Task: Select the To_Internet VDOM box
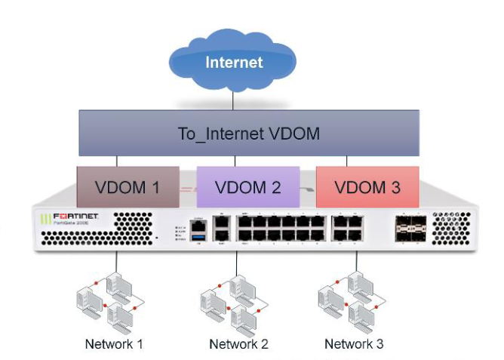(249, 134)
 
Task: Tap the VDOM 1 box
(128, 186)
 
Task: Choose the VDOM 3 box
(367, 186)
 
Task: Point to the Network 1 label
(114, 345)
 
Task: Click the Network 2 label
(238, 345)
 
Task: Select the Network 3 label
(354, 344)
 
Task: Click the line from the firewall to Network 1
(115, 261)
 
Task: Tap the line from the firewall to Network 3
(355, 261)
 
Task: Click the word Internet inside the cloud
(233, 62)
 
